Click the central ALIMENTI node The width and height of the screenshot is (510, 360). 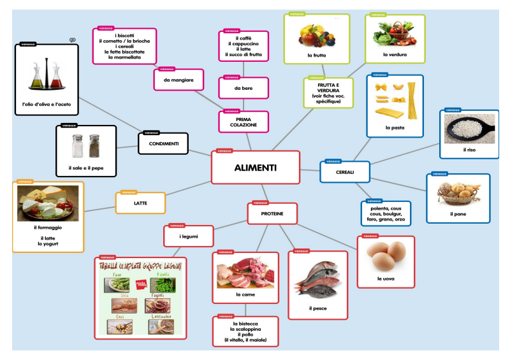click(255, 168)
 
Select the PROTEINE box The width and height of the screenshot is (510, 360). click(272, 214)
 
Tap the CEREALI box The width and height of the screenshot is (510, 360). click(344, 172)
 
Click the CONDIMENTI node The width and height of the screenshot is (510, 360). click(164, 144)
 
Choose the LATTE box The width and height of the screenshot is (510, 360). click(140, 203)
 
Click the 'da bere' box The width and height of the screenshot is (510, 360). click(243, 88)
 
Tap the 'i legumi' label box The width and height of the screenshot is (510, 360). click(189, 236)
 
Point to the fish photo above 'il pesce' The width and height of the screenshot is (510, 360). click(318, 279)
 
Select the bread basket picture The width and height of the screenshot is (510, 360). click(457, 193)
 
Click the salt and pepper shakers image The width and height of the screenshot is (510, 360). click(86, 146)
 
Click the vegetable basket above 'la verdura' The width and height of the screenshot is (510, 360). click(394, 35)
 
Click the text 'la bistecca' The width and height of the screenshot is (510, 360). click(245, 324)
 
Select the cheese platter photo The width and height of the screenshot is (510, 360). click(48, 203)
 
